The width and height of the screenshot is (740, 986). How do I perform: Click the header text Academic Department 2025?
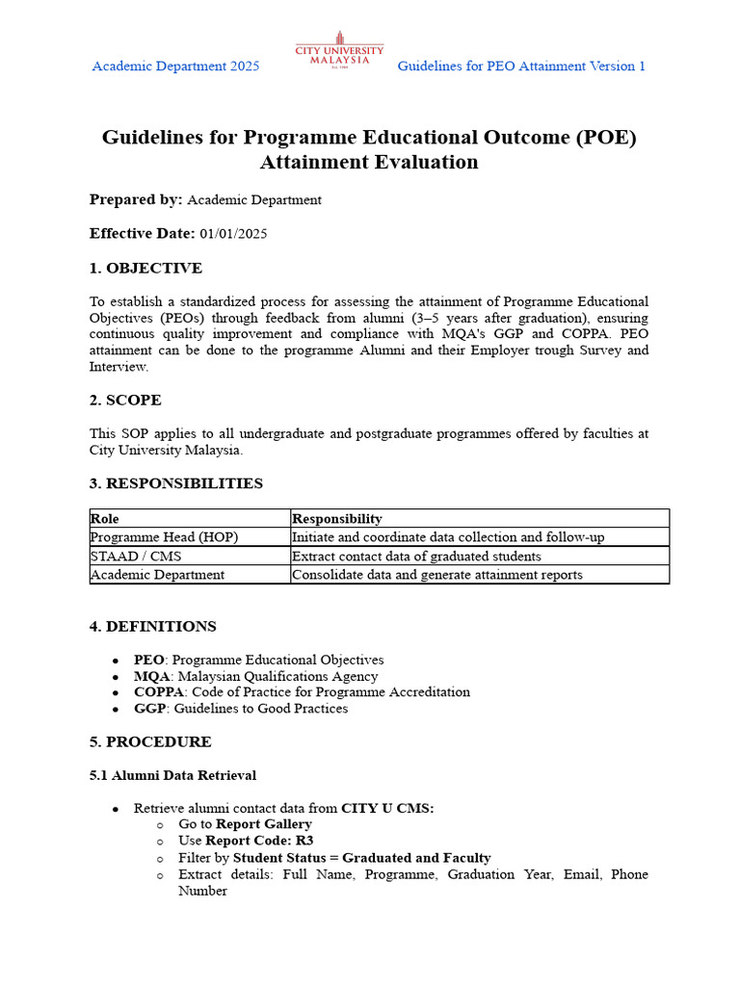coord(175,66)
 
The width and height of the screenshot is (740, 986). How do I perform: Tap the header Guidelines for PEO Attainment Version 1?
coord(521,66)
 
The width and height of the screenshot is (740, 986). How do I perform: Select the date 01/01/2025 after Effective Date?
coord(233,233)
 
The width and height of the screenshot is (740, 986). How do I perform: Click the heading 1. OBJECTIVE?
coord(145,268)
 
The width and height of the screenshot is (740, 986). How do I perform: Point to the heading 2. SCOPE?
coord(125,400)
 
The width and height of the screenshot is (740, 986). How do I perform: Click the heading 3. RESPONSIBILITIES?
coord(175,483)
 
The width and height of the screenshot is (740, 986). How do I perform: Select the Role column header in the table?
coord(104,518)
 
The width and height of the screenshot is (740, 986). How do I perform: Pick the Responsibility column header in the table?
coord(336,518)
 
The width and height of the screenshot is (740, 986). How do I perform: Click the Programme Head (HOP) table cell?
coord(164,536)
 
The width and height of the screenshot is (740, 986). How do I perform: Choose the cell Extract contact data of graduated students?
coord(416,556)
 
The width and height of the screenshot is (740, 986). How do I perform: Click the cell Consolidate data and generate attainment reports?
coord(436,574)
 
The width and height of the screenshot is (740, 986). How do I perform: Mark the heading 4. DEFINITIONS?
coord(152,627)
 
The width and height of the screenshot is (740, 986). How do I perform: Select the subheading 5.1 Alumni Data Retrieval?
coord(172,775)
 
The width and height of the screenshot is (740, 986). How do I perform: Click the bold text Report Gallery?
coord(264,824)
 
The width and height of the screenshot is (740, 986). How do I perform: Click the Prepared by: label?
coord(136,199)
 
